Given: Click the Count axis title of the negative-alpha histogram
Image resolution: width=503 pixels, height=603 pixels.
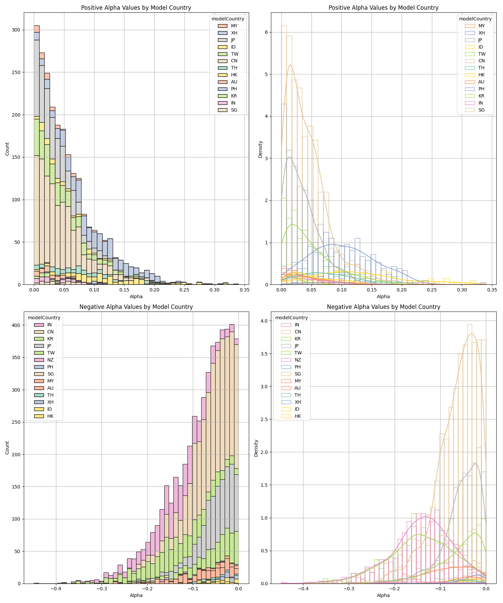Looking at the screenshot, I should (7, 448).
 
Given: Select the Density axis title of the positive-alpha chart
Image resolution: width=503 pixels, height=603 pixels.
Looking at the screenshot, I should (261, 149).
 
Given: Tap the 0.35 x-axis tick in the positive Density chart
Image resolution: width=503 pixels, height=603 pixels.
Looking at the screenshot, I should (492, 289).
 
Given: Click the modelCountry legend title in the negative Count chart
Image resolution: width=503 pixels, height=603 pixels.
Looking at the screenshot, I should (44, 318).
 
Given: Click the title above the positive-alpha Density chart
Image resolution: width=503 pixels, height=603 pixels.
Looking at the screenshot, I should (383, 8).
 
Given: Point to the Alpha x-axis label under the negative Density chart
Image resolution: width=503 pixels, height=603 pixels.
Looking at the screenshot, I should (383, 595).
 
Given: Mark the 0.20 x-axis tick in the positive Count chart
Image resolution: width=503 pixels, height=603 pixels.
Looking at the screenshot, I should (154, 289).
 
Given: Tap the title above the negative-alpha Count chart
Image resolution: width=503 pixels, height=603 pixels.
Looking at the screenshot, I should (136, 307).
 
